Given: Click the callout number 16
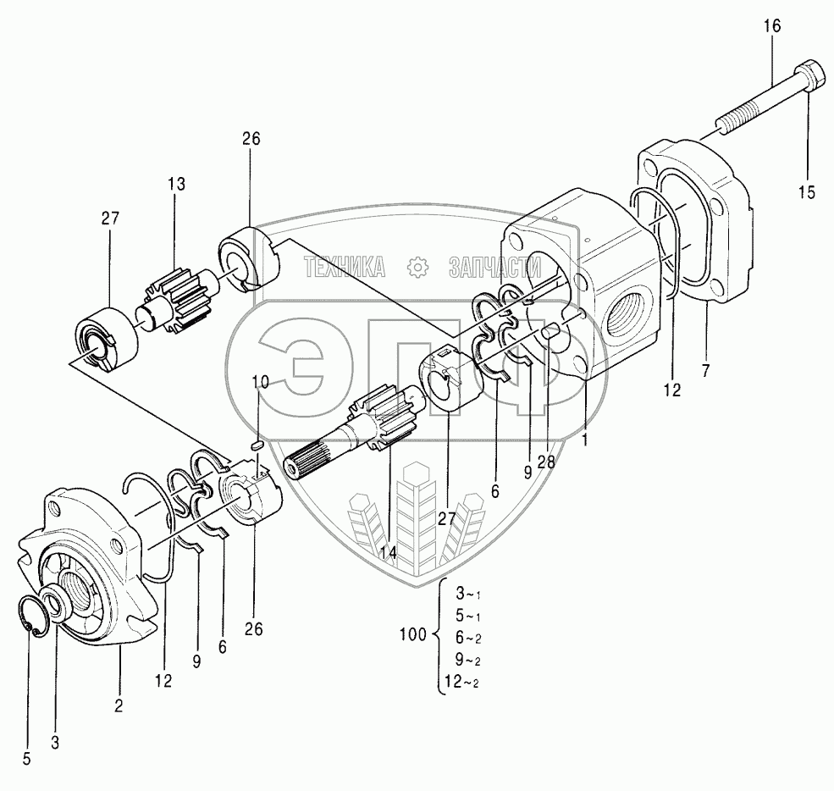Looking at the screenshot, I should [772, 26].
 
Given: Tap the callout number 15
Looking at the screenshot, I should [806, 192].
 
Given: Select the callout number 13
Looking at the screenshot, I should [176, 184].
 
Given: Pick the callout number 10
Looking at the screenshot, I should [260, 383].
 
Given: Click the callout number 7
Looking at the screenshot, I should [705, 370].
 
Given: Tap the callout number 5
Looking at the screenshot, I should [26, 759].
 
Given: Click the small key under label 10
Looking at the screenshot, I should [259, 441].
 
